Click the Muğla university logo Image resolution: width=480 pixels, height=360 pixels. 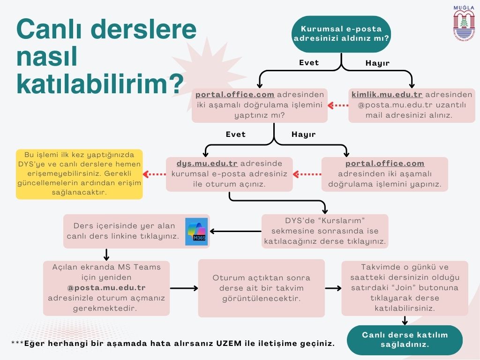[464, 23]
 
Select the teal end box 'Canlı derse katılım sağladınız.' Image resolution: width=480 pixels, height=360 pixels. [405, 339]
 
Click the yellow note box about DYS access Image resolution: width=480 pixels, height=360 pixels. [79, 174]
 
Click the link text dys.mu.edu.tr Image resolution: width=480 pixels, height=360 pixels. [207, 163]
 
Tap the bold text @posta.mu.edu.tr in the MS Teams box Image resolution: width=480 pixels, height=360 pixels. [106, 287]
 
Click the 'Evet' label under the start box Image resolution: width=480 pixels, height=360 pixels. [309, 63]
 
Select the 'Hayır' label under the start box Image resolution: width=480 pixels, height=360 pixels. [377, 63]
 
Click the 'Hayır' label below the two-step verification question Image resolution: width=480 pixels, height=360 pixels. [303, 134]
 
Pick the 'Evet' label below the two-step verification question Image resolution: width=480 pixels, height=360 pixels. [235, 134]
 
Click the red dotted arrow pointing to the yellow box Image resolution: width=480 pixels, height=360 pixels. [154, 174]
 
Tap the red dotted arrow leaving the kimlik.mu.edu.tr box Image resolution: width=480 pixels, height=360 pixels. [337, 105]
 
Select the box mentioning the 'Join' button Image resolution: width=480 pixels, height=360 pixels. [405, 288]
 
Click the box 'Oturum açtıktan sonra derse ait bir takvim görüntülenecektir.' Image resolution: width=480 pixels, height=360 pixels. [261, 288]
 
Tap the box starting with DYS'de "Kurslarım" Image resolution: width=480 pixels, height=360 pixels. [325, 231]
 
